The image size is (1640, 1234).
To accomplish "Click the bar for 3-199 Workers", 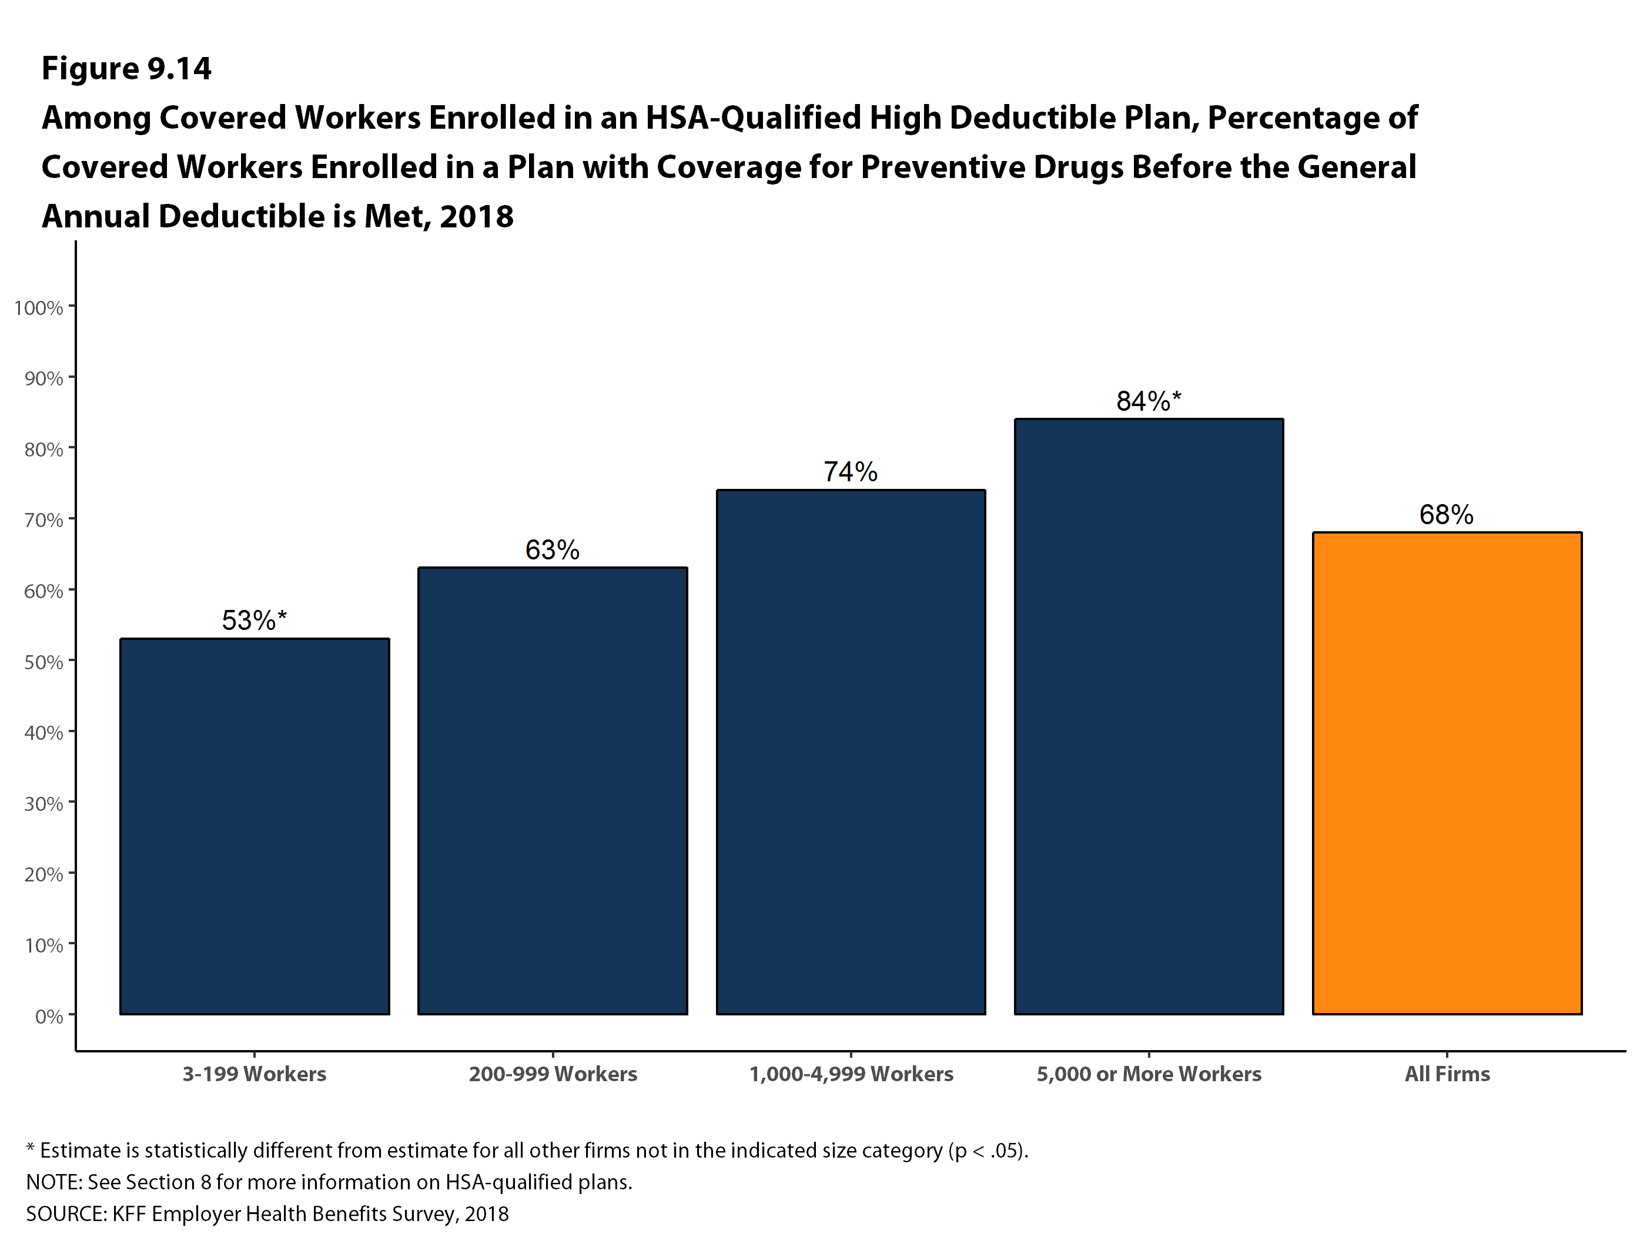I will pos(255,826).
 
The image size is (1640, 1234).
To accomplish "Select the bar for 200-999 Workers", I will pos(553,790).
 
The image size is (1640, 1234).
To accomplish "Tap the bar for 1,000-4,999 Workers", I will pos(851,752).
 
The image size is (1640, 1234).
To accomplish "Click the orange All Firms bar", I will pos(1447,772).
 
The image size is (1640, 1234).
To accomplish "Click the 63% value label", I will pos(553,550).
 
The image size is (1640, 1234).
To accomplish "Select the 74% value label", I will pos(851,472).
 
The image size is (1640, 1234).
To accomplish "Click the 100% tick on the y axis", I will pos(39,307).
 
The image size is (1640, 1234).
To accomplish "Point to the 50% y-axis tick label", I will pos(43,662).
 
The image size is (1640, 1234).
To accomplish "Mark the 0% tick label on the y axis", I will pos(48,1016).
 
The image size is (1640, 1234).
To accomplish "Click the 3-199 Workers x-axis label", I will pos(255,1074).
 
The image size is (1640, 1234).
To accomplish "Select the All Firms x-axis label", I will pos(1447,1074).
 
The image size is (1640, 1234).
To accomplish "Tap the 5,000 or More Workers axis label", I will pos(1149,1074).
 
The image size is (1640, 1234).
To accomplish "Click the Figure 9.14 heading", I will pos(126,69).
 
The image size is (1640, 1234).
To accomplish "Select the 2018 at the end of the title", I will pos(476,217).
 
